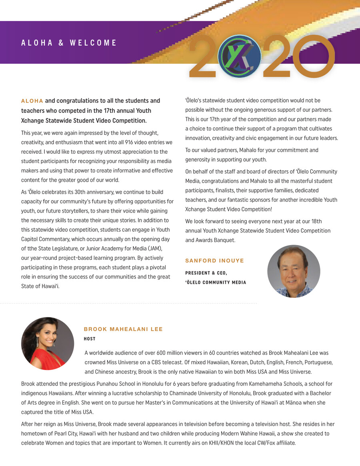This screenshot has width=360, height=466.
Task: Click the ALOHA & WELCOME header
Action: pos(69,43)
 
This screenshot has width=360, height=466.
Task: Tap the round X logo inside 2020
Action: pos(240,56)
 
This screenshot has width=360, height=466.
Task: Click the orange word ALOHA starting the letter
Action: pos(32,101)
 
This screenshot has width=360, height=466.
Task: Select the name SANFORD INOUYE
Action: pos(214,261)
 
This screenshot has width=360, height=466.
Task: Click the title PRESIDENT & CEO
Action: pos(206,273)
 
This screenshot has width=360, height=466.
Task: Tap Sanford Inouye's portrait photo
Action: pos(294,271)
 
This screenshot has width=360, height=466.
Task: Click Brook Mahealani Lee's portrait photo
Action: pos(47,343)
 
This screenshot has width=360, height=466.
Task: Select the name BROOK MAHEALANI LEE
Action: pos(123,329)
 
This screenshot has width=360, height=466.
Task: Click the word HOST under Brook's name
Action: pos(90,339)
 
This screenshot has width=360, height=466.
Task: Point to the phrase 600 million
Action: pos(177,353)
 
